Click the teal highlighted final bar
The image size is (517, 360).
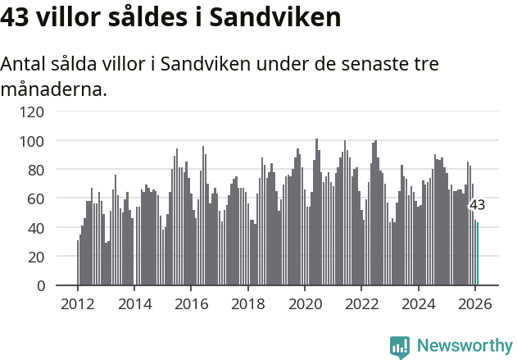pos(478,254)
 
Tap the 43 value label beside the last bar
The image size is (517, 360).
pos(477,205)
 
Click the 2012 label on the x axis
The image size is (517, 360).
pos(78,303)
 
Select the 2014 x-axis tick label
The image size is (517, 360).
pos(134,303)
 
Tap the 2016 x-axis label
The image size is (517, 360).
pos(191,303)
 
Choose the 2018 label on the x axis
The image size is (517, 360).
pos(248,303)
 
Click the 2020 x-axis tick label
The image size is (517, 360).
pos(305,303)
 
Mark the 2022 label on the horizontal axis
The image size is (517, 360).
pos(361,303)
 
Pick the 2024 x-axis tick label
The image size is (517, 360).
pos(419,303)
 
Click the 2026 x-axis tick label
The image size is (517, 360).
pos(475,303)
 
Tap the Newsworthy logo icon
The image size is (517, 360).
pos(400,347)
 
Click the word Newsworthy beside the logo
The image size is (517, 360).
pos(464,346)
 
